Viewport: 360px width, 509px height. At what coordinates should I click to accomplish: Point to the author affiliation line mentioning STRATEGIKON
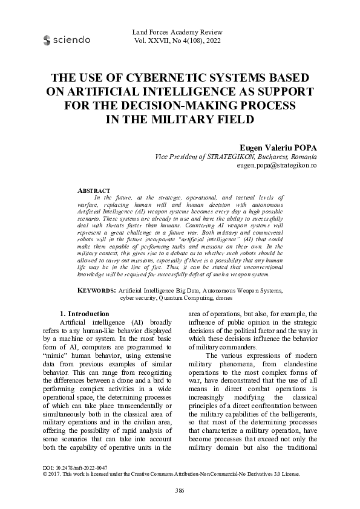pyautogui.click(x=237, y=156)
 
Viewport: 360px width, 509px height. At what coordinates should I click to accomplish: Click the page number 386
pyautogui.click(x=180, y=490)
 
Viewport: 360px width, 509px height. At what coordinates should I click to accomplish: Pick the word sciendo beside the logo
pyautogui.click(x=72, y=40)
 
